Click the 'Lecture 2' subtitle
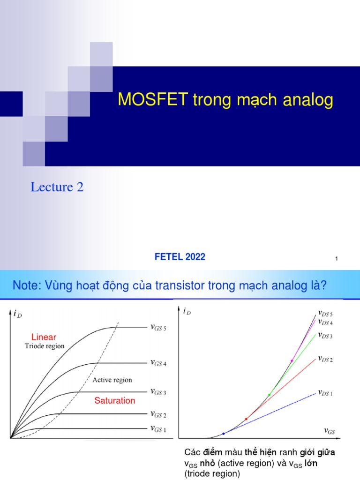57,187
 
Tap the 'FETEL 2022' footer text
180,257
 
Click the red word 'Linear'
44,337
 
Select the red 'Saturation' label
114,401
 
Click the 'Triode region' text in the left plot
45,346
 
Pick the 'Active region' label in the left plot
112,380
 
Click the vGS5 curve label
158,328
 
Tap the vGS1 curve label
158,428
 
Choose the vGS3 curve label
158,391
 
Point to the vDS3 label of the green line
325,336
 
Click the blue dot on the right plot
223,434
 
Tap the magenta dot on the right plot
292,360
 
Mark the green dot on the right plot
269,395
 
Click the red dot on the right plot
246,418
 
